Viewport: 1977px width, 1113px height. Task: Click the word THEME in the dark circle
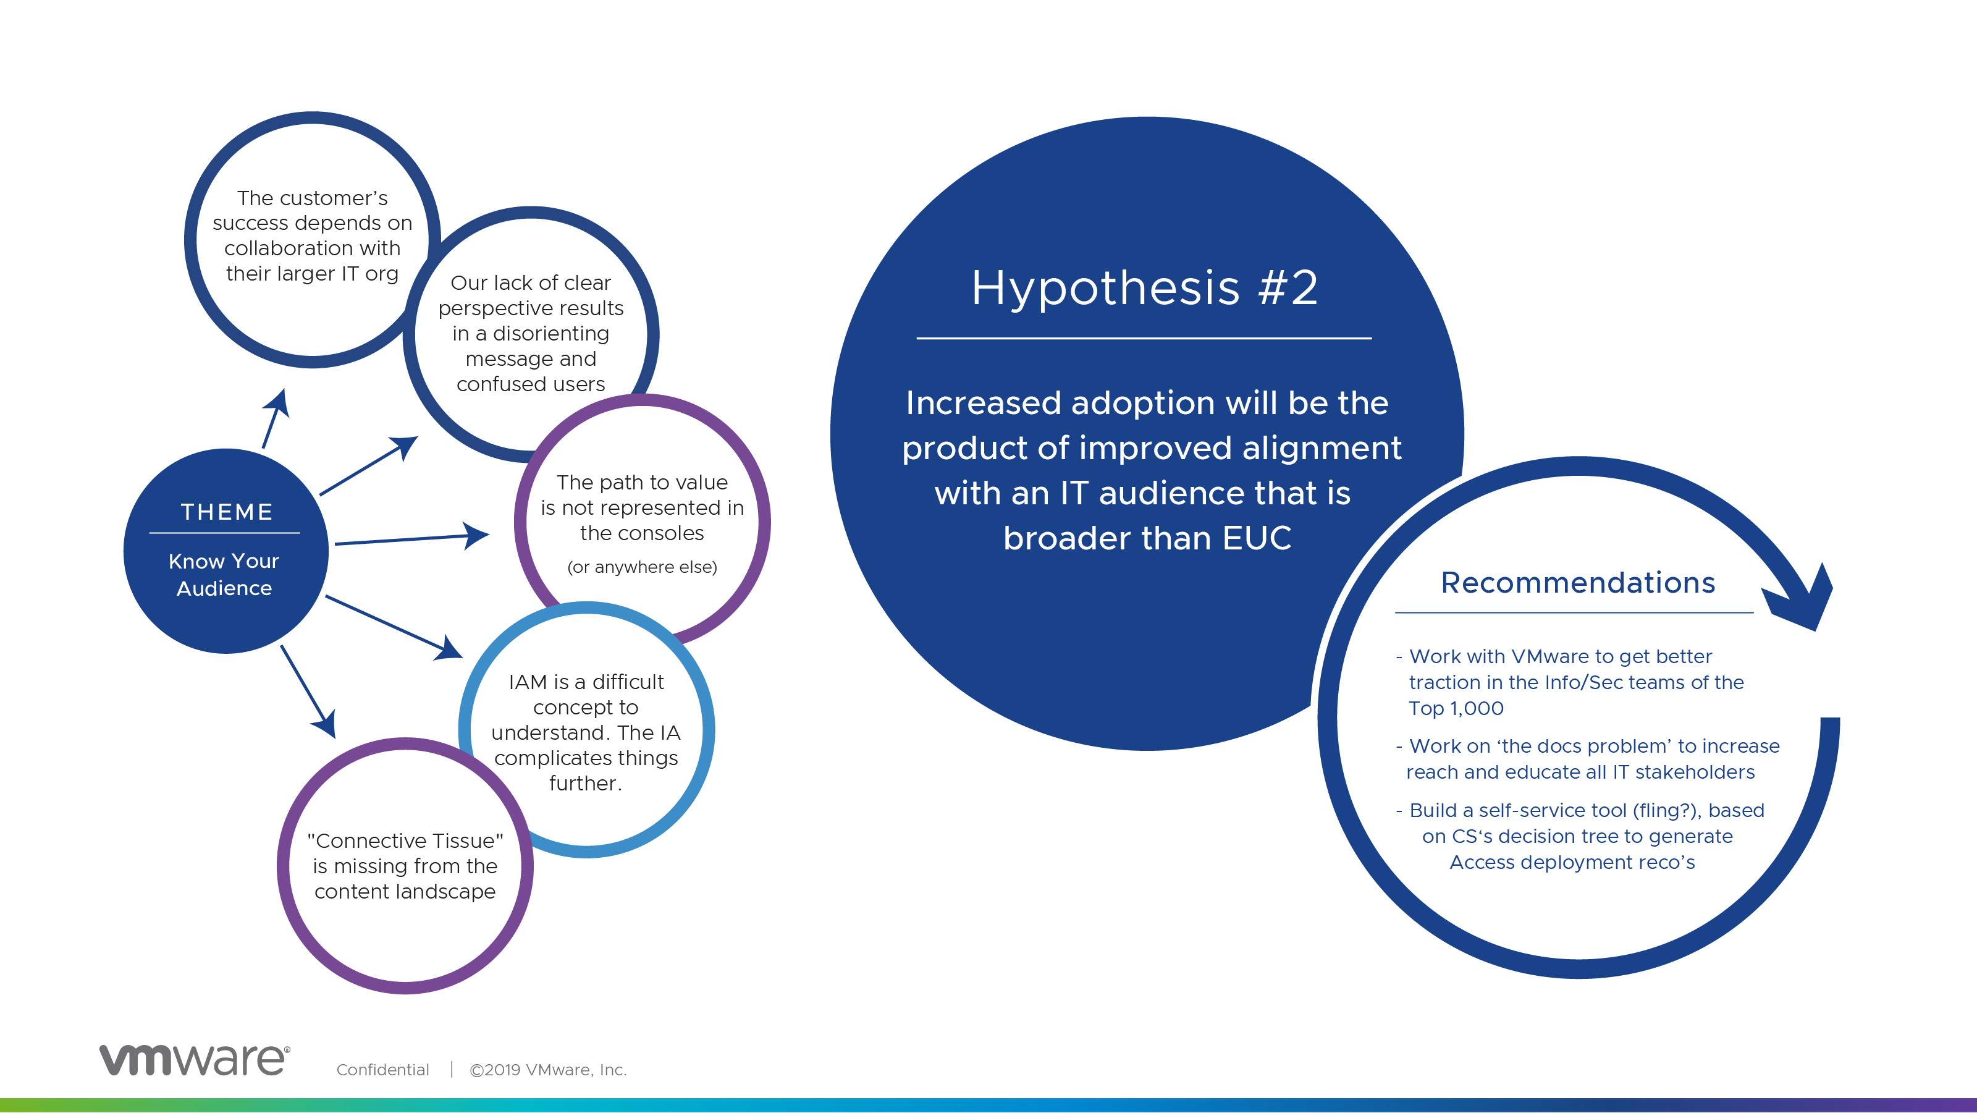click(226, 512)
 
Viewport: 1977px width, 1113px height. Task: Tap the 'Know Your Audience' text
click(224, 574)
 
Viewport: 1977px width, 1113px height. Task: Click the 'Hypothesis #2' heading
click(1144, 288)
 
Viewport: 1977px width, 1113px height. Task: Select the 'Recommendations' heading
click(1578, 583)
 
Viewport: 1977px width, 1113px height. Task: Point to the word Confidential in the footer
click(382, 1070)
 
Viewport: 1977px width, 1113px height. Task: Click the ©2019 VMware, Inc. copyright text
click(548, 1070)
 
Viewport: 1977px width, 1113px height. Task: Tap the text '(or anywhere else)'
click(643, 567)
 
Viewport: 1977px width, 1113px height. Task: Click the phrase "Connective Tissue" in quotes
click(405, 840)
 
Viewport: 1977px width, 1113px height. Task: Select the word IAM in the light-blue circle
click(528, 682)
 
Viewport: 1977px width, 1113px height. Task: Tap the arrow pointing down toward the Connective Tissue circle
click(308, 692)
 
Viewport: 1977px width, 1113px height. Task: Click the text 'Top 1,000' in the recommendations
click(1456, 708)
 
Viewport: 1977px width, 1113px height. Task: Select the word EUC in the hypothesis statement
click(1257, 538)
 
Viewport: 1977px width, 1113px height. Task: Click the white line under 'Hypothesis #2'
click(1144, 338)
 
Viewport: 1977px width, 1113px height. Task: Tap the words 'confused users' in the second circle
click(530, 384)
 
